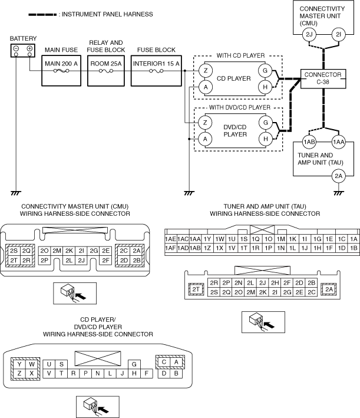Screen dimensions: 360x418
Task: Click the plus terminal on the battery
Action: (29, 49)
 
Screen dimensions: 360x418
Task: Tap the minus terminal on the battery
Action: (16, 49)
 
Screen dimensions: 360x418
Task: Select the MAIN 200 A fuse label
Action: (61, 64)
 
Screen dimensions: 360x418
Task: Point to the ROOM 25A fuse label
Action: (106, 64)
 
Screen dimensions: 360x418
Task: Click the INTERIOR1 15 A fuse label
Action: (156, 64)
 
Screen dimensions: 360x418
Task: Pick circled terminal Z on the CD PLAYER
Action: (206, 71)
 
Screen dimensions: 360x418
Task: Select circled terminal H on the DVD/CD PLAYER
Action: (265, 139)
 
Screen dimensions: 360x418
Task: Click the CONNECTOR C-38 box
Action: (323, 78)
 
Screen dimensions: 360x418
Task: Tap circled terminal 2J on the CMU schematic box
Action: (309, 35)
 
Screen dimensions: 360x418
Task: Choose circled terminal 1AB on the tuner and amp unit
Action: (309, 142)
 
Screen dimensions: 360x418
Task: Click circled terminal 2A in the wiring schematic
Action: (338, 176)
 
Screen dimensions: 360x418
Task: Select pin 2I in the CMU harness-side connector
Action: (81, 251)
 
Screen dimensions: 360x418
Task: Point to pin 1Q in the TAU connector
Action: (256, 239)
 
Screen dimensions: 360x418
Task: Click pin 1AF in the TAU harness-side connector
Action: (170, 248)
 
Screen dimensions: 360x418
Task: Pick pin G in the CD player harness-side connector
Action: (134, 364)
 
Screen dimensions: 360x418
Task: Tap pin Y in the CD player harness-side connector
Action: (19, 364)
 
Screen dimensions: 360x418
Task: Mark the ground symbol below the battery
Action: (16, 193)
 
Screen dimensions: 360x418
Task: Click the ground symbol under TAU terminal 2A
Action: (338, 193)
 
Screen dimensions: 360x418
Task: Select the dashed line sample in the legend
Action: (42, 15)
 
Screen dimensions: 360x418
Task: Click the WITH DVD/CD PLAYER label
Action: (240, 107)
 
